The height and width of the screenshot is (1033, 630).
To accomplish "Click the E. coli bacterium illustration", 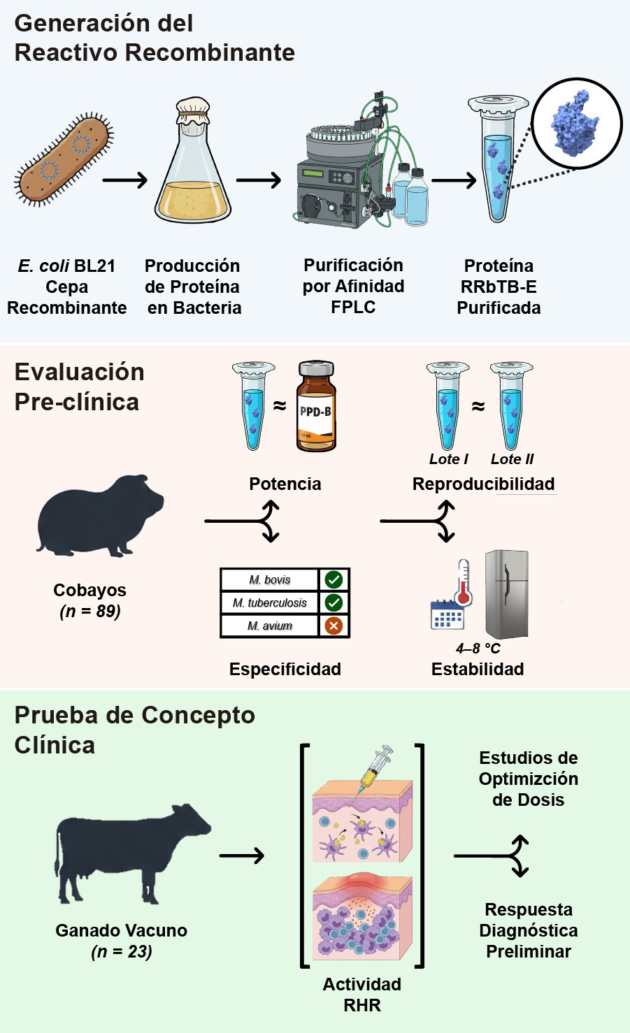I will [x=64, y=160].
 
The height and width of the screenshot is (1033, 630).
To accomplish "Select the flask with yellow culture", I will [x=193, y=168].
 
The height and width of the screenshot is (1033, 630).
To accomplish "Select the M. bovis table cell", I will [x=270, y=579].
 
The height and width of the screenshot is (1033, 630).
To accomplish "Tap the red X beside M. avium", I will [x=334, y=626].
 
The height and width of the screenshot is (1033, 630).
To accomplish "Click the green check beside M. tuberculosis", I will [x=334, y=602].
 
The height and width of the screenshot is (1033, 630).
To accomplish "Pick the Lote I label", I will [x=448, y=459].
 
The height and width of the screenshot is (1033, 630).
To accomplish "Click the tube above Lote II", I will [x=511, y=405].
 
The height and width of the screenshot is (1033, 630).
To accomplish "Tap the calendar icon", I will [x=447, y=615].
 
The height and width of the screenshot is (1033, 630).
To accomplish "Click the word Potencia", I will [x=285, y=484].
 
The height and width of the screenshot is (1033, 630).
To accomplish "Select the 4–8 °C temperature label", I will [x=478, y=649].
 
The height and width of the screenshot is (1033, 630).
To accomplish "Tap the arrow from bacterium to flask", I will [x=125, y=180].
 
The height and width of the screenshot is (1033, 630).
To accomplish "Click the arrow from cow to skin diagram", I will [x=242, y=855].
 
